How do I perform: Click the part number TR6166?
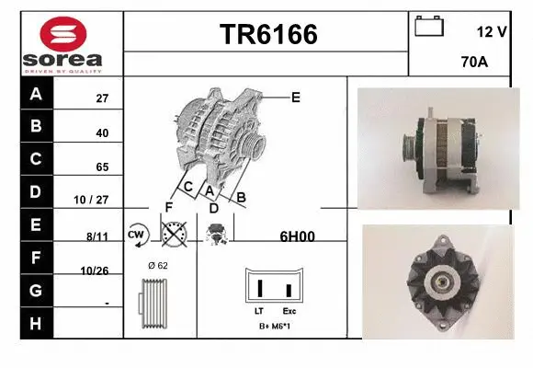[267, 35]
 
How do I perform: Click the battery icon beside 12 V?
[428, 27]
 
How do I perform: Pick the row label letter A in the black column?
[36, 94]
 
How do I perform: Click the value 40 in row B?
[102, 132]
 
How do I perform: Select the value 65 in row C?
[102, 167]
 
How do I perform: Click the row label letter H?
[36, 323]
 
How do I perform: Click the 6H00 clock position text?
[297, 236]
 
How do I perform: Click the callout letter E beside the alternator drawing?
[295, 96]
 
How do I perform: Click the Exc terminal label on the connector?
[289, 311]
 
